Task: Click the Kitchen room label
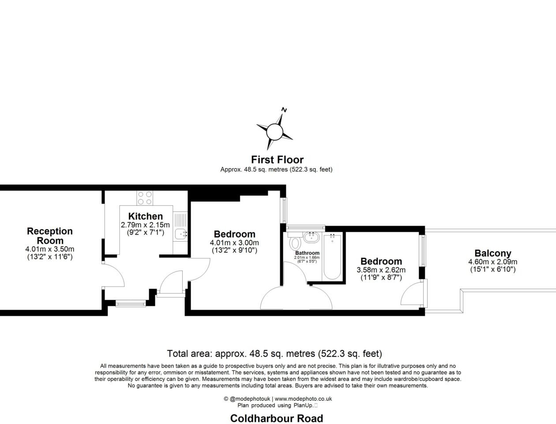coord(145,216)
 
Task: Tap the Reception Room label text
coord(50,236)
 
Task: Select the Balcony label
coord(492,253)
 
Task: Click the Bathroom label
coord(307,253)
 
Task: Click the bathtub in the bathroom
coord(332,257)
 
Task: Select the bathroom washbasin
coord(311,238)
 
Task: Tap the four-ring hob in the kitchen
coord(145,198)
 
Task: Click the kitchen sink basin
coord(180,233)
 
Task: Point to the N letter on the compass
coord(284,110)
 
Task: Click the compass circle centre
coord(274,131)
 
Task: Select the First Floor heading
coord(277,160)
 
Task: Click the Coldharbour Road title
coord(277,418)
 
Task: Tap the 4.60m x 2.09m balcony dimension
coord(492,262)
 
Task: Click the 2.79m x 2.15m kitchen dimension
coord(145,225)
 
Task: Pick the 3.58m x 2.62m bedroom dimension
coord(381,270)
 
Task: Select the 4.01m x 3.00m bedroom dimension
coord(234,242)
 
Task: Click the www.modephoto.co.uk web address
coord(303,399)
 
